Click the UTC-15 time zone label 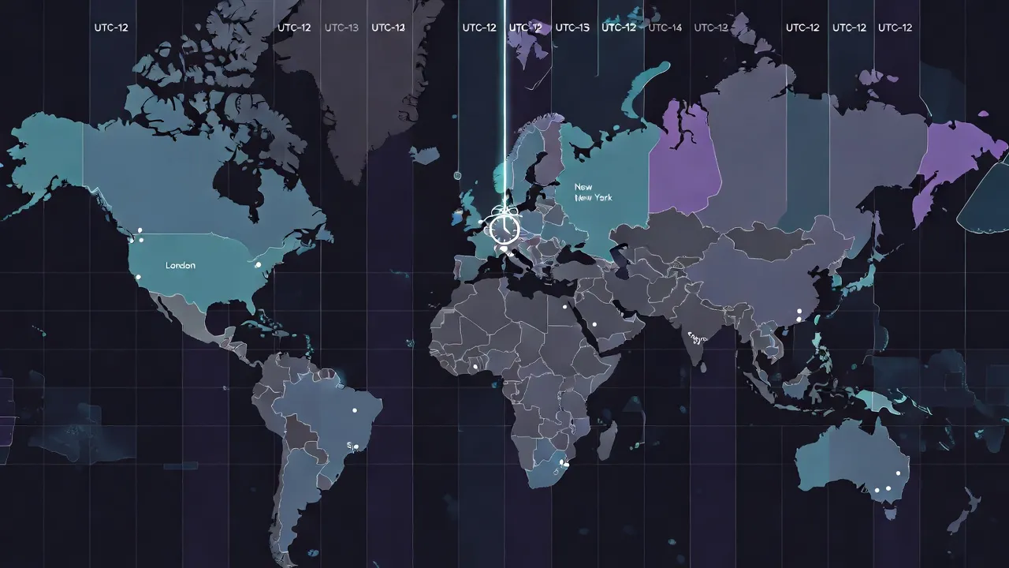pos(572,28)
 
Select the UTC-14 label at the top pos(665,28)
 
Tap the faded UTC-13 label pos(341,28)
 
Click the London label pos(181,266)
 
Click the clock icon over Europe pos(504,228)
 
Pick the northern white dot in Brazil pos(355,410)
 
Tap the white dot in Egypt pos(564,306)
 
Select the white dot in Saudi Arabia pos(595,324)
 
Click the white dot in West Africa pos(475,366)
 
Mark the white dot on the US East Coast pos(258,265)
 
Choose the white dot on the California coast pos(138,277)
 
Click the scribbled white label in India pos(698,337)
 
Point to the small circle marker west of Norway pos(457,174)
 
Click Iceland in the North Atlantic pos(426,155)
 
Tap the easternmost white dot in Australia pos(898,473)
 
